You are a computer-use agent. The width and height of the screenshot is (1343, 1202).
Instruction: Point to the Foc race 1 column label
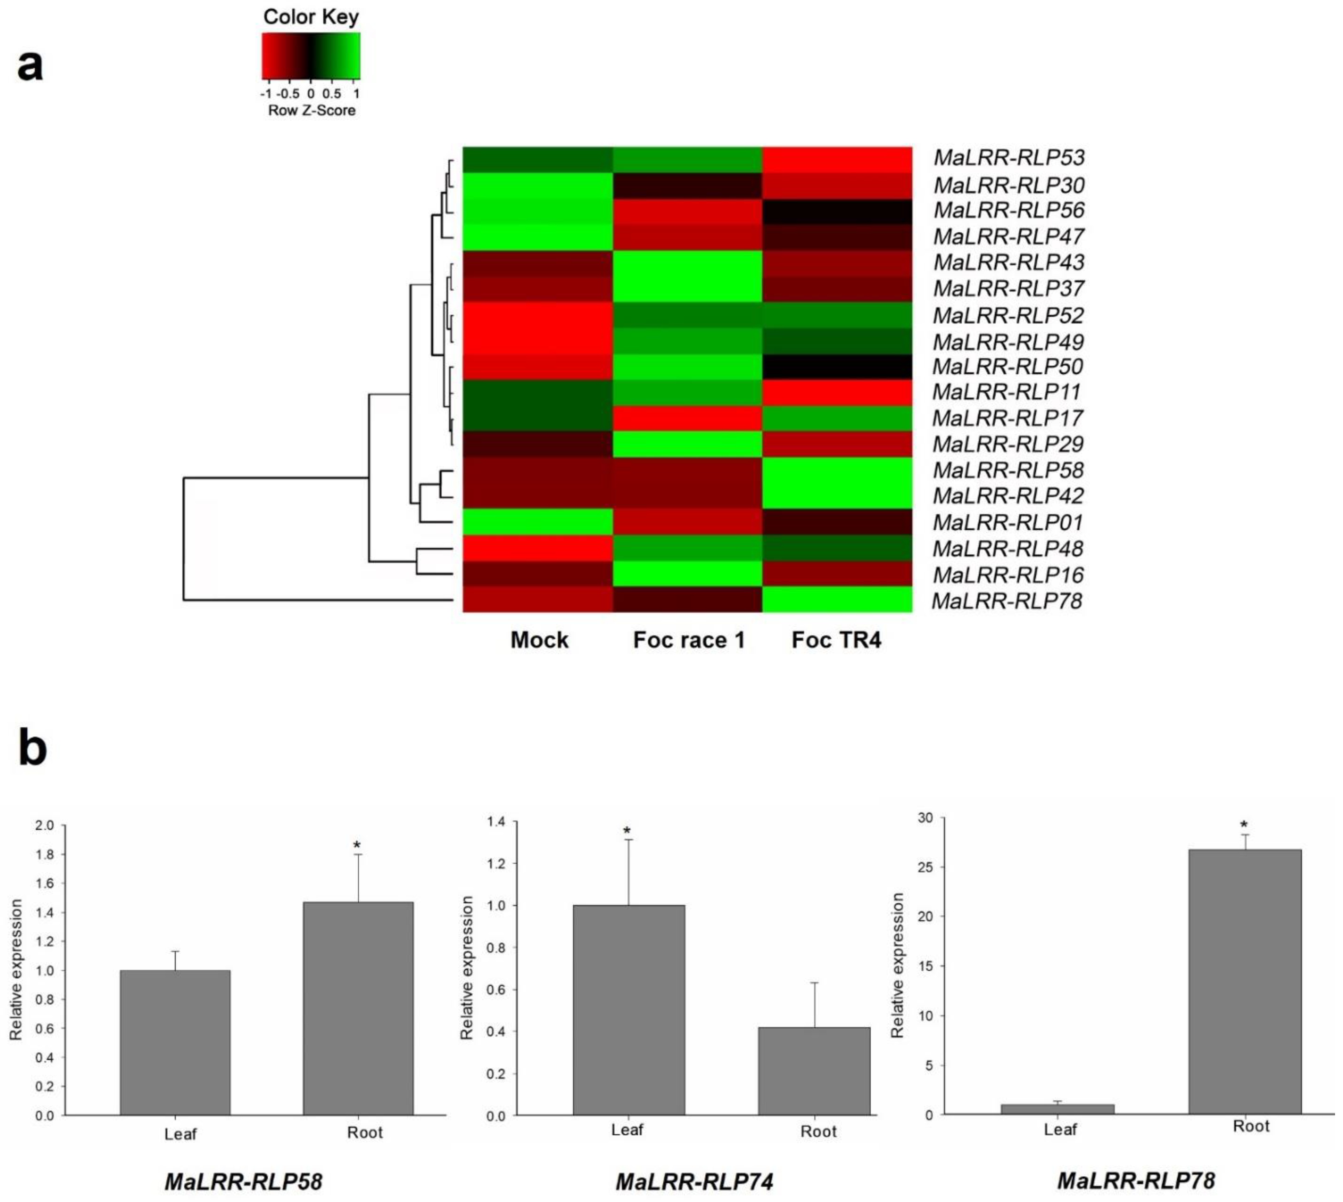coord(689,640)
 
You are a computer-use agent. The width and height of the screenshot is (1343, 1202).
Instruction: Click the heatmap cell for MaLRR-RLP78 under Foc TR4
coord(837,600)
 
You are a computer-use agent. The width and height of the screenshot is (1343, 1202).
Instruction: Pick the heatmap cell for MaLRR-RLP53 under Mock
coord(538,159)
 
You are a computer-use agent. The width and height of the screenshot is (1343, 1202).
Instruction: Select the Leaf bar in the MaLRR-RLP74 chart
coord(629,1010)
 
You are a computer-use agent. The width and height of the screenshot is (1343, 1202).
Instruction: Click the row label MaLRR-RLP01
coord(1007,522)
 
